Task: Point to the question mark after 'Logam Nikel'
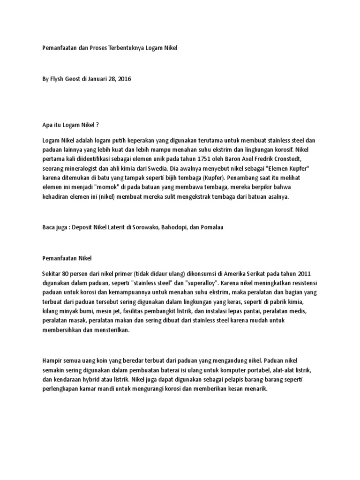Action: (x=98, y=125)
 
